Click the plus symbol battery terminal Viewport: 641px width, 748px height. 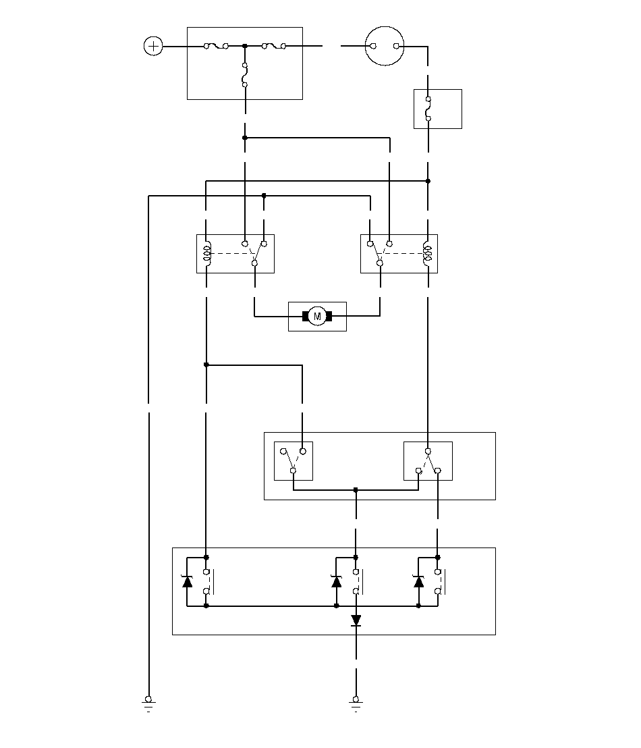(153, 46)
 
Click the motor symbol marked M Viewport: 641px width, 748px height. (317, 316)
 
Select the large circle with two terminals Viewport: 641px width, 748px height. (385, 46)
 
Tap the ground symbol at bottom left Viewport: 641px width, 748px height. (148, 703)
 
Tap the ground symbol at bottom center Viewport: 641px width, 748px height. (356, 703)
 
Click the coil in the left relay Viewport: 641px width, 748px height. (207, 253)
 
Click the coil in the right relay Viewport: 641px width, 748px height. (427, 253)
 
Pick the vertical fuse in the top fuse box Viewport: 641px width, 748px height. (245, 75)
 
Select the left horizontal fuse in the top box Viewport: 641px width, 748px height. (216, 46)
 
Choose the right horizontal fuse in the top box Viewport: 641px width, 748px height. (274, 46)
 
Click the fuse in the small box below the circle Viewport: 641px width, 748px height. (428, 109)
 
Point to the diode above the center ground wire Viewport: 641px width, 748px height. (356, 620)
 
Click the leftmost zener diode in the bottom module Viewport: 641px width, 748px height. (188, 581)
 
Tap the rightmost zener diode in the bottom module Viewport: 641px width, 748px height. (419, 581)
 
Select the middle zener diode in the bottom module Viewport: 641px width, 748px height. (336, 581)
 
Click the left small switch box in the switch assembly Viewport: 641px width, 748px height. (294, 461)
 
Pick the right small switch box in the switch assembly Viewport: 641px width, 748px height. (428, 461)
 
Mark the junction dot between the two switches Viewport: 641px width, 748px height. (356, 490)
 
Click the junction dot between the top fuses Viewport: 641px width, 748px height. (245, 46)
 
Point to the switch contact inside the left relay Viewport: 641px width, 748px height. (254, 253)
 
